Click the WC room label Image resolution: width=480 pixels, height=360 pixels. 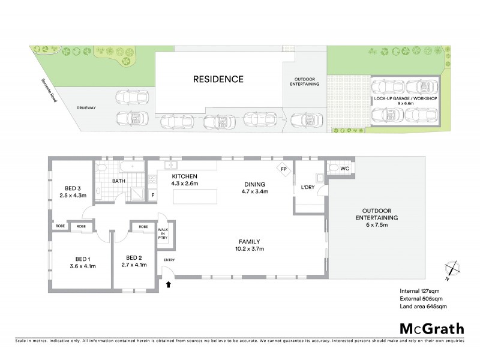344,169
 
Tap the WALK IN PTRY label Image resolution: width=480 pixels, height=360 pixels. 163,233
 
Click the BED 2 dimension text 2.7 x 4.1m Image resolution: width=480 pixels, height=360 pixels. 134,265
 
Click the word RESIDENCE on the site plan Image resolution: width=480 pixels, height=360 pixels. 218,79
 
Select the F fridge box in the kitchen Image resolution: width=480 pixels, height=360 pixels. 153,194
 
